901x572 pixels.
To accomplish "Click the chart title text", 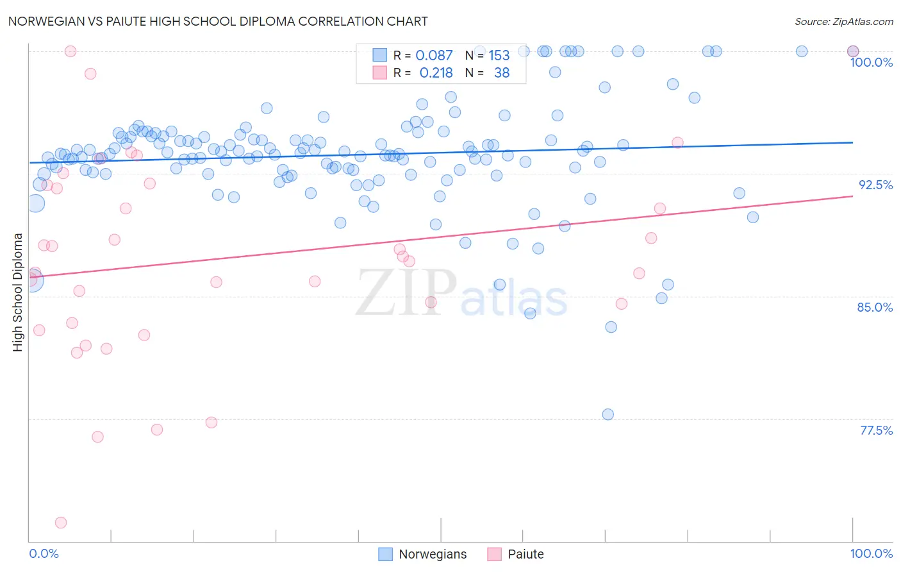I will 218,21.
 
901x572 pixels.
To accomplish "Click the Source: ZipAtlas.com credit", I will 843,21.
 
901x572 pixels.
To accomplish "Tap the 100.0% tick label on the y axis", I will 871,62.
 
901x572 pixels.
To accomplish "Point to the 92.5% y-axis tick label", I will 875,185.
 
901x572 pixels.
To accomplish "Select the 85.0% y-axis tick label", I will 875,307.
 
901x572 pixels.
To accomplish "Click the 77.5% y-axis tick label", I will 876,430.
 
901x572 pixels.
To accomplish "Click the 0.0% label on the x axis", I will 44,553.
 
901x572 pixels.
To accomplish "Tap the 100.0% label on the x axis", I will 871,553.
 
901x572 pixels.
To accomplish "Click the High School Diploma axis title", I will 18,292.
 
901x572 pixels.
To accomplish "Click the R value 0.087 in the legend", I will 434,55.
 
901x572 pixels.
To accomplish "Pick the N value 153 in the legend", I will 499,55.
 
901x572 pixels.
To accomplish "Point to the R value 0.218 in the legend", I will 436,73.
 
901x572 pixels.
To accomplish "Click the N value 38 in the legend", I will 502,73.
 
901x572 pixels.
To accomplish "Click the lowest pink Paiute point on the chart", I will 61,523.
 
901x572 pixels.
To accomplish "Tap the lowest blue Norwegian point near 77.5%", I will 608,414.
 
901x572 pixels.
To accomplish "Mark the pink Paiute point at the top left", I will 70,51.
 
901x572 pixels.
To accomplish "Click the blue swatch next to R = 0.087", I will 380,55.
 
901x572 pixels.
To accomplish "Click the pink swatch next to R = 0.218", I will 380,72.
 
